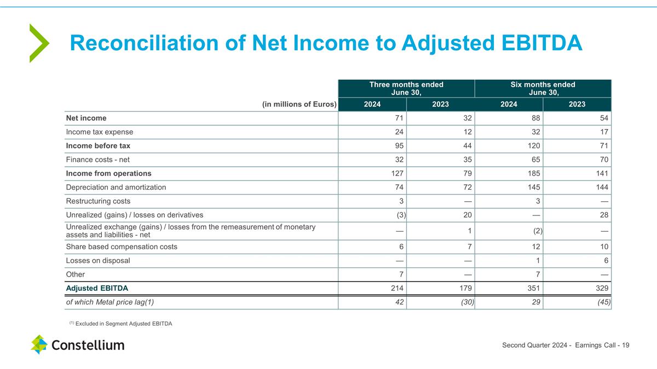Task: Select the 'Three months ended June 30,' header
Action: click(x=406, y=88)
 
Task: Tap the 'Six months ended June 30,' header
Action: click(x=543, y=88)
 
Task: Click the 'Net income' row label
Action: click(x=86, y=118)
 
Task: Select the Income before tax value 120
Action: click(x=533, y=146)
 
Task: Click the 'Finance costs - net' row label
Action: click(x=97, y=160)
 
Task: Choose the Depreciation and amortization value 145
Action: click(x=533, y=187)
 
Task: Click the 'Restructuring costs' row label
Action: click(x=98, y=201)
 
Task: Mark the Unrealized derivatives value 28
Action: click(x=604, y=215)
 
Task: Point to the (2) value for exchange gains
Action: click(x=537, y=231)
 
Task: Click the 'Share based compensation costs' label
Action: click(x=122, y=247)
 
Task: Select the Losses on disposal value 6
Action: click(x=606, y=261)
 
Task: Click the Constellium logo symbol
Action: click(x=39, y=344)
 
